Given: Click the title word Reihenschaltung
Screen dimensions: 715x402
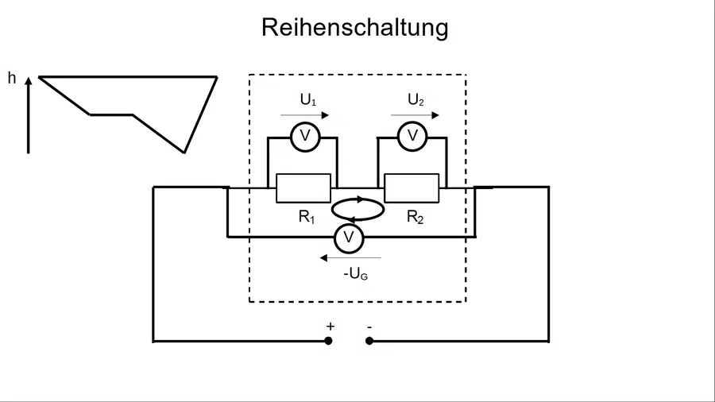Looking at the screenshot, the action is pyautogui.click(x=355, y=28).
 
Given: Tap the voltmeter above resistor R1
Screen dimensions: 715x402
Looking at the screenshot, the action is pyautogui.click(x=305, y=137).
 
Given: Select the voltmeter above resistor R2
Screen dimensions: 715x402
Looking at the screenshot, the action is pyautogui.click(x=412, y=137).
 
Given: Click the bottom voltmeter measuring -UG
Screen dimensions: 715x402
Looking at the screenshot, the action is pyautogui.click(x=349, y=238).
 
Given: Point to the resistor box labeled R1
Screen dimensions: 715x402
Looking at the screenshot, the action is pyautogui.click(x=303, y=187).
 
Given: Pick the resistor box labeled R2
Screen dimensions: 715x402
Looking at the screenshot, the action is pyautogui.click(x=412, y=187).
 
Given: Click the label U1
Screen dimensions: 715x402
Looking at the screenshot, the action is pyautogui.click(x=307, y=99).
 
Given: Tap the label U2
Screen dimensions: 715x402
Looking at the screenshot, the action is pyautogui.click(x=415, y=99).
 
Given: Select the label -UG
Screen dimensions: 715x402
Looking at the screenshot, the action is pyautogui.click(x=355, y=273).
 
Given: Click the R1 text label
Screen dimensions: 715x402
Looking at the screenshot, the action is pyautogui.click(x=307, y=217).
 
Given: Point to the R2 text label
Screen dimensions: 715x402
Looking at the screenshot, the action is pyautogui.click(x=415, y=217).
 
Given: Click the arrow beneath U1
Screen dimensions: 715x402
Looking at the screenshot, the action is pyautogui.click(x=304, y=115).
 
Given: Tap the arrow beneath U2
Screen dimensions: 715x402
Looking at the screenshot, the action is pyautogui.click(x=415, y=115).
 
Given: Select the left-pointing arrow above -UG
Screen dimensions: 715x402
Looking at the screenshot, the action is pyautogui.click(x=350, y=258).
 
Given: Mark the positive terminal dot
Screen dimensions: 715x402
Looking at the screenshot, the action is pyautogui.click(x=328, y=341).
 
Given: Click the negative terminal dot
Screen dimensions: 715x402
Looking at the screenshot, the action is pyautogui.click(x=369, y=341).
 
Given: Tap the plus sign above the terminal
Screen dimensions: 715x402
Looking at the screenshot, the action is pyautogui.click(x=330, y=327).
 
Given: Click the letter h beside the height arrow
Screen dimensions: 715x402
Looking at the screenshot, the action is pyautogui.click(x=12, y=78).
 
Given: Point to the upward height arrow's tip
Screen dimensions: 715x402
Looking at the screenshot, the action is pyautogui.click(x=29, y=78).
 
